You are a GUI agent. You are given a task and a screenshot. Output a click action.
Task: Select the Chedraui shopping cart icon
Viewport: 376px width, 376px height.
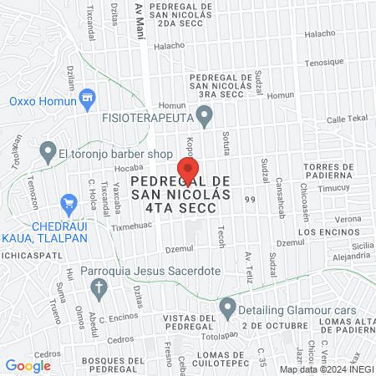point(69,203)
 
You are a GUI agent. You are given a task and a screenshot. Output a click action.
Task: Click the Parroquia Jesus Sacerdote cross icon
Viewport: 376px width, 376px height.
point(99,290)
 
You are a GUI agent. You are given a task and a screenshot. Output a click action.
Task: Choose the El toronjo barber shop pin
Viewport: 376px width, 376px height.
point(47,153)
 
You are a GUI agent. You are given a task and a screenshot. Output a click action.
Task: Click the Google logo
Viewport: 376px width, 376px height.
point(28,365)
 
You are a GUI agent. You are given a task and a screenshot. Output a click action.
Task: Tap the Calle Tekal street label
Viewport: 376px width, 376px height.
point(347,119)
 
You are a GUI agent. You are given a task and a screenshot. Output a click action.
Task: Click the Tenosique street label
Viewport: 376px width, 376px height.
point(324,62)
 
